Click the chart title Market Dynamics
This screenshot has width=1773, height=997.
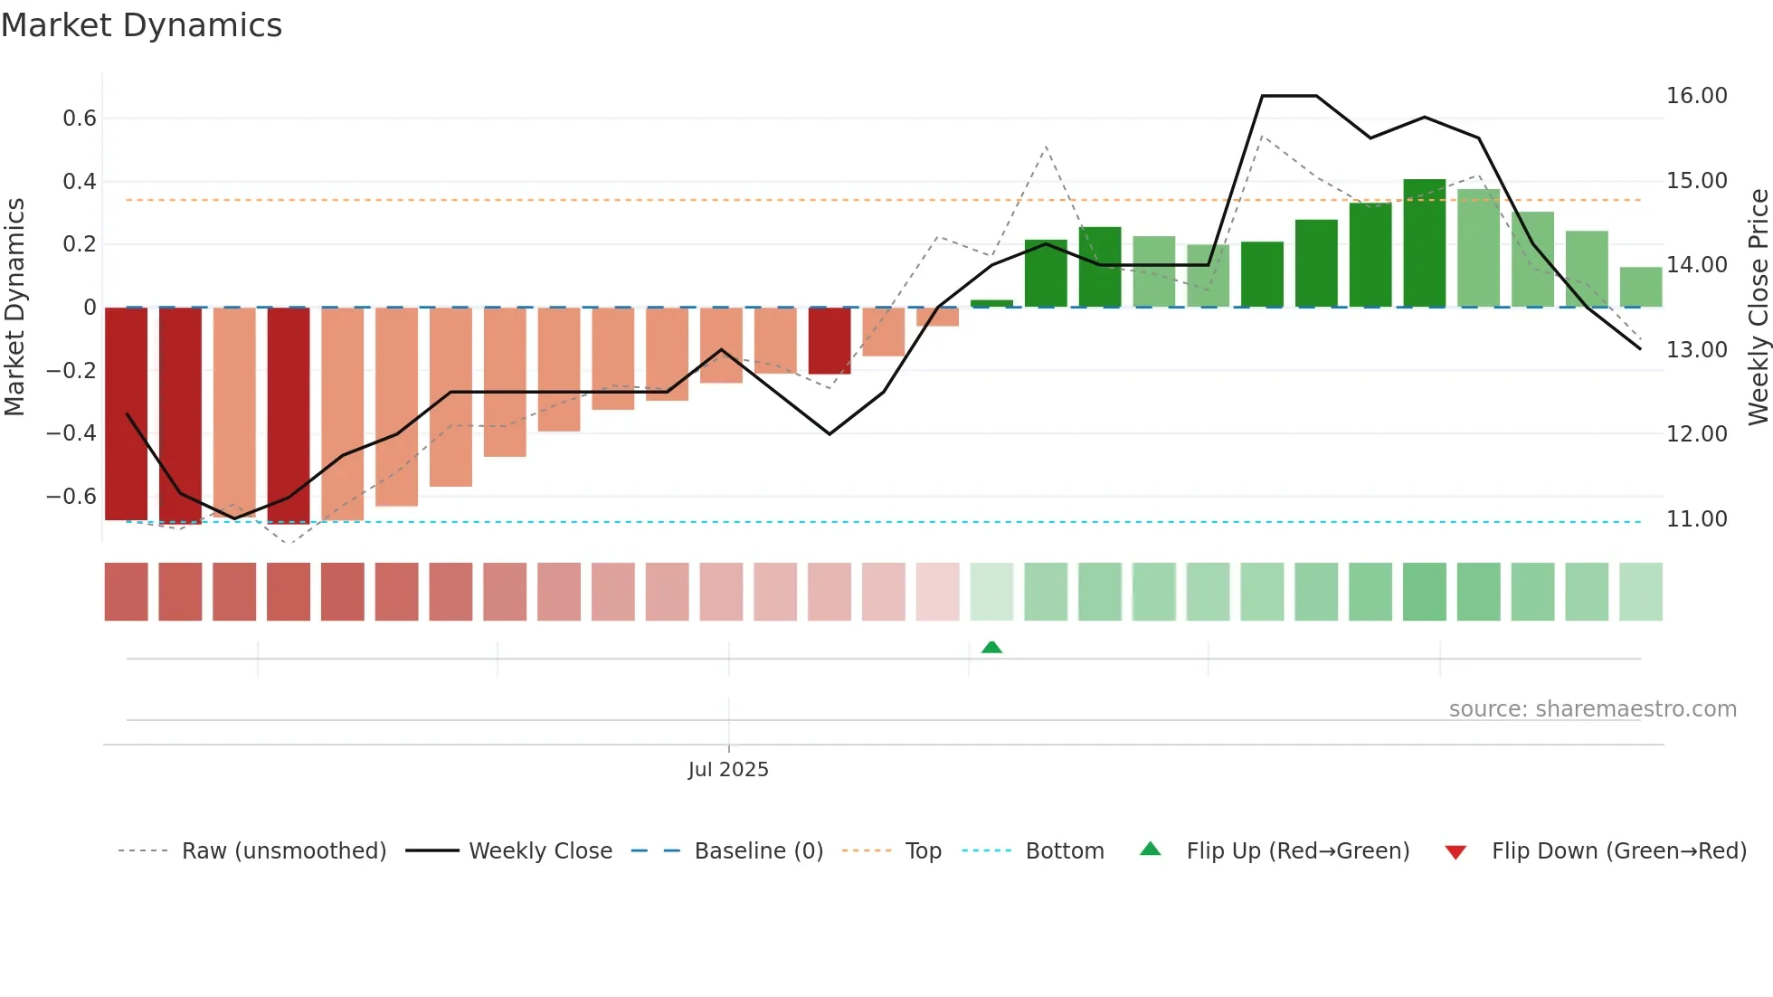141,25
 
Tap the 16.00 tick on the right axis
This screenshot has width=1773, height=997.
1696,96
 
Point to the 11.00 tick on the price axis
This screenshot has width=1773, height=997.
1696,519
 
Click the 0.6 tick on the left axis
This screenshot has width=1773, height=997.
80,119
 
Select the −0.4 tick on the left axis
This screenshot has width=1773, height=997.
71,433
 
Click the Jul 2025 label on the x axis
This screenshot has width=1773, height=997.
728,770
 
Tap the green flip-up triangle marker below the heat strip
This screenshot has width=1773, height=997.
991,647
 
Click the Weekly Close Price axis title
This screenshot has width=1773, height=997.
1758,308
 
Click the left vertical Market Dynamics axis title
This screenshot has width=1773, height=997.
14,308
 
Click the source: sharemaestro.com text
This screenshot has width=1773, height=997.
1592,709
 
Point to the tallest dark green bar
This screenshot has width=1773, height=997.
1425,244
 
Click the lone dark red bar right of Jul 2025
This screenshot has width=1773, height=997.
830,341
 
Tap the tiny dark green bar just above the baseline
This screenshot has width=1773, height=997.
991,303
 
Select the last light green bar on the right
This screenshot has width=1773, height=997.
1640,288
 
